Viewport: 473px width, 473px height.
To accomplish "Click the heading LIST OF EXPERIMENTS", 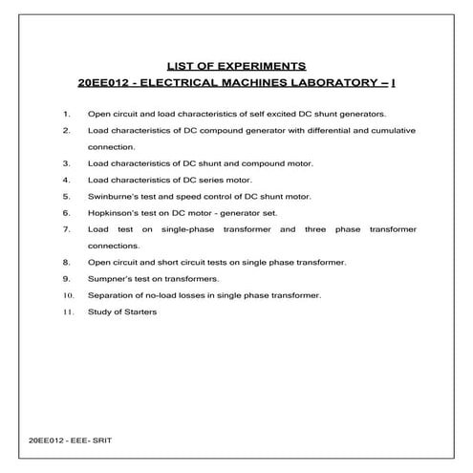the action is click(236, 66).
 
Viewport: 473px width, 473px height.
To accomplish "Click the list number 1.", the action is click(66, 113).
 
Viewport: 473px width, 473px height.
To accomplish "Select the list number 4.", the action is click(66, 179).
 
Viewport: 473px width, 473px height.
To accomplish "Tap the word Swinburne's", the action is click(112, 196).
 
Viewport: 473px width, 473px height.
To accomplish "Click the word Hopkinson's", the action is click(112, 212).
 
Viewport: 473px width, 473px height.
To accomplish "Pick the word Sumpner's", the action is click(109, 278).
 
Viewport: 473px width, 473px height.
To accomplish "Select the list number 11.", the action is click(66, 312).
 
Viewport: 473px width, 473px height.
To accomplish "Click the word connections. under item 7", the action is click(113, 246).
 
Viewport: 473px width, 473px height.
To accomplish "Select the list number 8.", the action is click(66, 262).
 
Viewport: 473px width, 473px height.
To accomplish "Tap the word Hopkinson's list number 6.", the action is click(66, 212).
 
